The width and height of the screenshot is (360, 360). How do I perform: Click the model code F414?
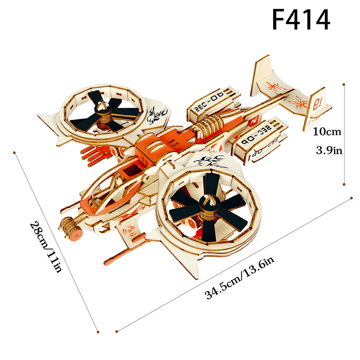coord(301,19)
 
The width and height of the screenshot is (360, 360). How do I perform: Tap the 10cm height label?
coord(327,132)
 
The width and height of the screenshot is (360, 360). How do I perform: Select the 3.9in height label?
coord(329,151)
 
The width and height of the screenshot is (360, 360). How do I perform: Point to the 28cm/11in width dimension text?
coord(46,247)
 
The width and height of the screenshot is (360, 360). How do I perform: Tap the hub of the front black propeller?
coord(207,201)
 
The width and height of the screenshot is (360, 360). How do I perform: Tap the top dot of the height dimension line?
coord(344,85)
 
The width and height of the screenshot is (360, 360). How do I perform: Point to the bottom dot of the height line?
coord(344,184)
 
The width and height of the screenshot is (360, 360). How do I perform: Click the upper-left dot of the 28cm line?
coord(14,153)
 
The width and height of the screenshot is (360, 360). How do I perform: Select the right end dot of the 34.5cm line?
coord(351,198)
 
